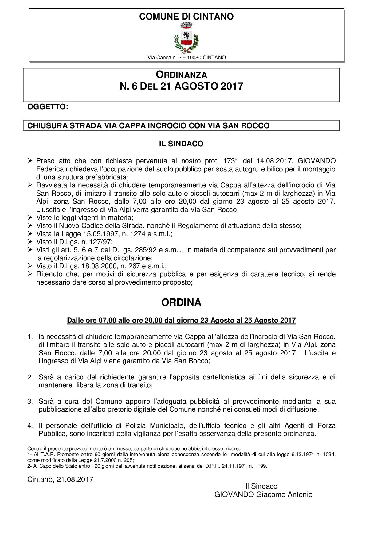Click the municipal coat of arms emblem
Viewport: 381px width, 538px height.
tap(187, 38)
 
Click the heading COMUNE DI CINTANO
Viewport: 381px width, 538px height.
tap(186, 17)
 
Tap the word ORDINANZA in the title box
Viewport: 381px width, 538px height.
tap(181, 75)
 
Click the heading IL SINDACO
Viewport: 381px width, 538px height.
tap(181, 144)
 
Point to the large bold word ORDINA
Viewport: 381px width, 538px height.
tap(181, 302)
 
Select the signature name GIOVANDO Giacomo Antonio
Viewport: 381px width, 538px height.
tap(263, 494)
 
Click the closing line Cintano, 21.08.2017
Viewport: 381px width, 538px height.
tap(60, 479)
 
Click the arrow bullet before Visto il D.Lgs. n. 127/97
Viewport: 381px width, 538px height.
tap(30, 242)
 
